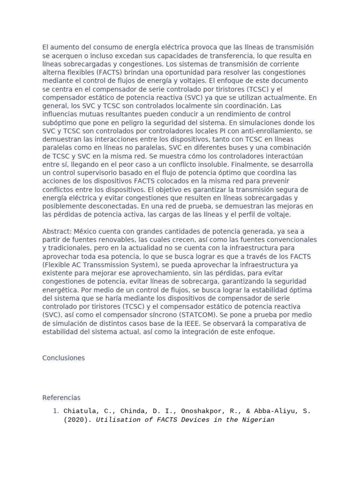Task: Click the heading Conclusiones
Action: click(63, 358)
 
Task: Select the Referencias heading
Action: click(61, 397)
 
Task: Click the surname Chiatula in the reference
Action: click(81, 411)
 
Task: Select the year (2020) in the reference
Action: click(77, 420)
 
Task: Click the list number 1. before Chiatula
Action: click(55, 411)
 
